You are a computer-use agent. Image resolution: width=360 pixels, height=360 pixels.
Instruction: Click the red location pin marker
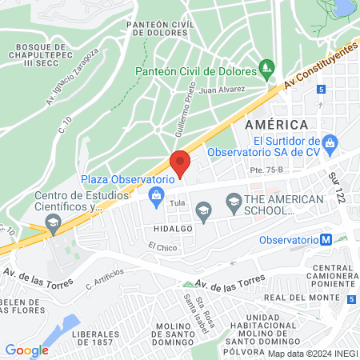click(x=181, y=162)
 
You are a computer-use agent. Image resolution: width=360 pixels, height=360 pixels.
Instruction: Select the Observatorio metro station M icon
click(x=326, y=239)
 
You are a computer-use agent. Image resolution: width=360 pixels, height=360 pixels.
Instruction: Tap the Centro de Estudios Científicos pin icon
click(x=53, y=226)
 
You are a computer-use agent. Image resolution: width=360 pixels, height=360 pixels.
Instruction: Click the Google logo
click(x=26, y=350)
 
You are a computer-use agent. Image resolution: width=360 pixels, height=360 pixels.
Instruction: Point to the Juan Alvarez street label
click(x=222, y=90)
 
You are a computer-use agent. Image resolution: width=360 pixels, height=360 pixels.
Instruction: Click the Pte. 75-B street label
click(x=266, y=170)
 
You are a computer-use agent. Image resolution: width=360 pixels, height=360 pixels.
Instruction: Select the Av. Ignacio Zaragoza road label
click(x=71, y=77)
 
